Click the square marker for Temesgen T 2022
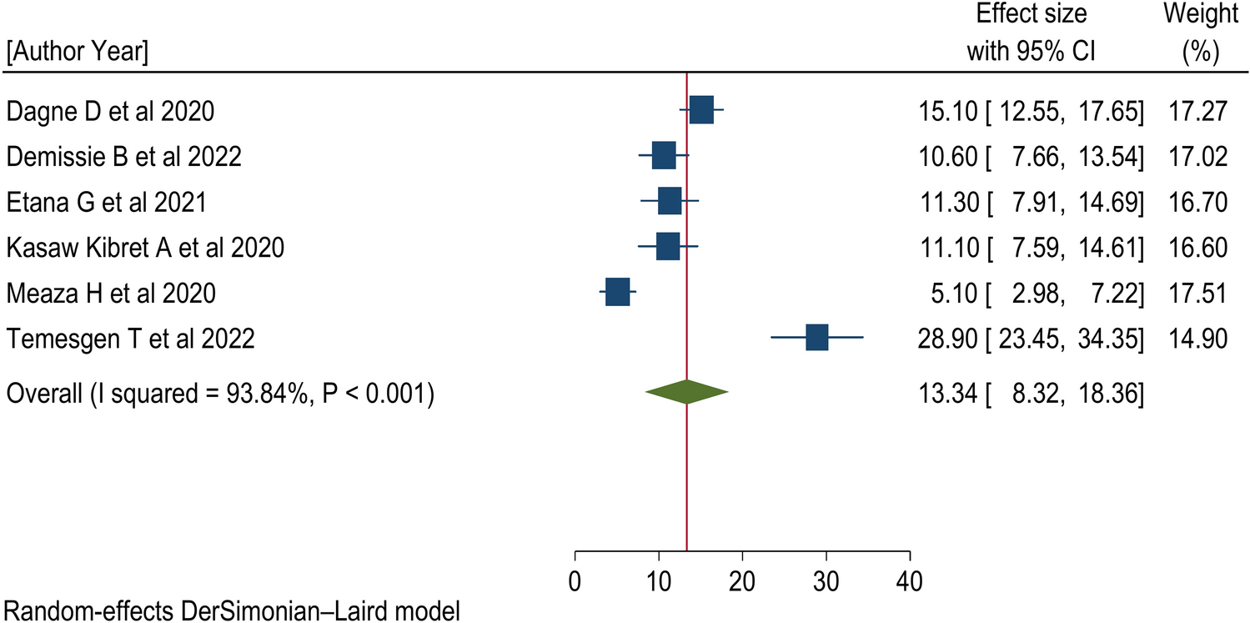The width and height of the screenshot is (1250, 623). (x=816, y=338)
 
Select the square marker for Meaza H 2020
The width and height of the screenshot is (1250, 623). (x=617, y=292)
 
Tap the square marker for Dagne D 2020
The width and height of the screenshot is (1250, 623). (x=701, y=109)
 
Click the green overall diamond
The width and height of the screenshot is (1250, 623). (x=686, y=391)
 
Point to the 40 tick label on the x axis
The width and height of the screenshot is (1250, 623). (x=909, y=580)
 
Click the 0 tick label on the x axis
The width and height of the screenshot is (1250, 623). (x=575, y=580)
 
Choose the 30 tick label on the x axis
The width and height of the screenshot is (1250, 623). (x=826, y=580)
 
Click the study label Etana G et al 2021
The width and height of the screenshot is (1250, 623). (x=106, y=202)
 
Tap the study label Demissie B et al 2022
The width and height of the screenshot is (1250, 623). (x=123, y=156)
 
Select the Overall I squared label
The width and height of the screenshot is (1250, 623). (x=220, y=393)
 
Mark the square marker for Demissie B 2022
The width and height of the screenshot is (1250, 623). (x=664, y=155)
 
